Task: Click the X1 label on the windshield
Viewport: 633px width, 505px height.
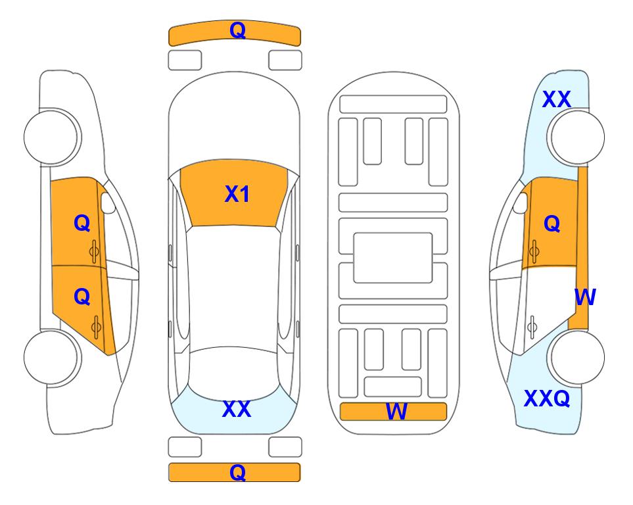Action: tap(237, 194)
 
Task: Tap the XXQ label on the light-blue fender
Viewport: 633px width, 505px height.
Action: tap(547, 398)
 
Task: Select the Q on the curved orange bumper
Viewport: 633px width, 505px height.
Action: tap(237, 30)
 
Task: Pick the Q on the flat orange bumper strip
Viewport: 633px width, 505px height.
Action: tap(237, 472)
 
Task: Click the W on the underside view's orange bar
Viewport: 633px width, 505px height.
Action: tap(396, 412)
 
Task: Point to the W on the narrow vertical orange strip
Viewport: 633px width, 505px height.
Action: tap(585, 297)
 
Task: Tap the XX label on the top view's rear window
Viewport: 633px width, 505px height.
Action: tap(237, 409)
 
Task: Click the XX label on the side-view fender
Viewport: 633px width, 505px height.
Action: tap(556, 99)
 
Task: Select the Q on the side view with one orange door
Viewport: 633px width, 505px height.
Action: tap(552, 224)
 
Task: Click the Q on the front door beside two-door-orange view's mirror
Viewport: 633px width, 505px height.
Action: tap(82, 223)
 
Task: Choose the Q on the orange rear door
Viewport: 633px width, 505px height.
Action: tap(82, 297)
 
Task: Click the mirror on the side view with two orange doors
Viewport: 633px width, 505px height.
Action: tap(107, 203)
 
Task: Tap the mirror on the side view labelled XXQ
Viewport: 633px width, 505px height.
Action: tap(521, 203)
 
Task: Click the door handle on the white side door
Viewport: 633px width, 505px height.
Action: tap(532, 327)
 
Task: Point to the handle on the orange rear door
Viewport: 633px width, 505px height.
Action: tap(96, 327)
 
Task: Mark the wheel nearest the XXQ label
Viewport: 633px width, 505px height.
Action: tap(576, 357)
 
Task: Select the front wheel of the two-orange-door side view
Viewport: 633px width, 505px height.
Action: tap(52, 137)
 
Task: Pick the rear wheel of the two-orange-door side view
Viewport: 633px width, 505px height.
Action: tap(52, 357)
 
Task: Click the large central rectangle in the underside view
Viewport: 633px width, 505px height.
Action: tap(393, 258)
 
